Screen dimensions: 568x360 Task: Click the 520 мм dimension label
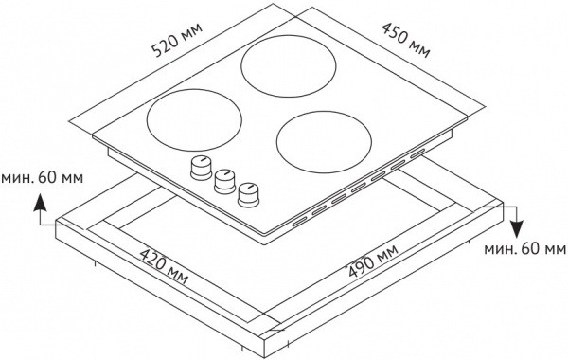tap(176, 40)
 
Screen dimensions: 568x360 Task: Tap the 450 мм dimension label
tap(406, 40)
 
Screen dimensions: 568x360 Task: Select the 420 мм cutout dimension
tap(164, 266)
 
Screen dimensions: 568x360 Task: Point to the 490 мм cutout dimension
tap(372, 261)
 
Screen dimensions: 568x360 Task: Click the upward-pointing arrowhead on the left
tap(40, 203)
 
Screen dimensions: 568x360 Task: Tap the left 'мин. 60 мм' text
tap(43, 178)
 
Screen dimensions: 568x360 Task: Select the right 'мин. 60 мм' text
tap(524, 249)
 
